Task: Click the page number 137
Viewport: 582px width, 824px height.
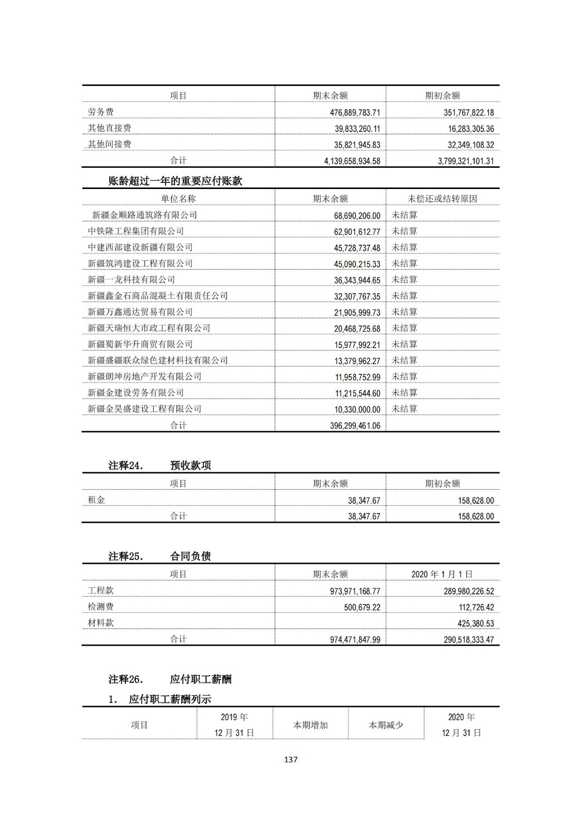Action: pyautogui.click(x=291, y=759)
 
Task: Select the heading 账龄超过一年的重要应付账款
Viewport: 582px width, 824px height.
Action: pyautogui.click(x=175, y=181)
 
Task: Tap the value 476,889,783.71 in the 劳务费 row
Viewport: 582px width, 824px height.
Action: pyautogui.click(x=355, y=112)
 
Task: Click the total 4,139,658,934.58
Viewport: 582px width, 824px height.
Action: pyautogui.click(x=352, y=161)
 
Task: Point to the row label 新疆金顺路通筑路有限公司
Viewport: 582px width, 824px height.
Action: pyautogui.click(x=144, y=215)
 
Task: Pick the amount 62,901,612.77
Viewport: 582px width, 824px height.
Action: pyautogui.click(x=357, y=232)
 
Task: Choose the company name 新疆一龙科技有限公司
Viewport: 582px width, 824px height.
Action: pyautogui.click(x=131, y=280)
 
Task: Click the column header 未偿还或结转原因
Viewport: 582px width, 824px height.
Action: pyautogui.click(x=442, y=199)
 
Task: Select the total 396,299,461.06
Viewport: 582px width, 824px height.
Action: pyautogui.click(x=355, y=425)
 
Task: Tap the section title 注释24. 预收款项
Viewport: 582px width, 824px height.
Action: pyautogui.click(x=160, y=465)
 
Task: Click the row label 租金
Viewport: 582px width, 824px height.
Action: pyautogui.click(x=96, y=500)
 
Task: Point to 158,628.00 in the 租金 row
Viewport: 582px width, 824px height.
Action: pyautogui.click(x=475, y=501)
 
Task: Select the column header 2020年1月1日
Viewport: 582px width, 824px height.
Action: pyautogui.click(x=442, y=574)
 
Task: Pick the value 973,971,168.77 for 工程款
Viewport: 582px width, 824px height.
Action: pyautogui.click(x=355, y=591)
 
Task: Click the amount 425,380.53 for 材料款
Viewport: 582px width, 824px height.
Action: pyautogui.click(x=475, y=623)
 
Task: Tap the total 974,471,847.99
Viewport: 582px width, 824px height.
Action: pyautogui.click(x=355, y=640)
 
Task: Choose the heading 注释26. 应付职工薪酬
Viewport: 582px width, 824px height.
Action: pyautogui.click(x=170, y=679)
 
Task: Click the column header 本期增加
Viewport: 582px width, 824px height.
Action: pyautogui.click(x=310, y=725)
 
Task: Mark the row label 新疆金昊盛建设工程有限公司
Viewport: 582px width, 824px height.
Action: pyautogui.click(x=144, y=409)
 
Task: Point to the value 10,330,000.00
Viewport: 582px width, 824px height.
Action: pyautogui.click(x=357, y=409)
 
